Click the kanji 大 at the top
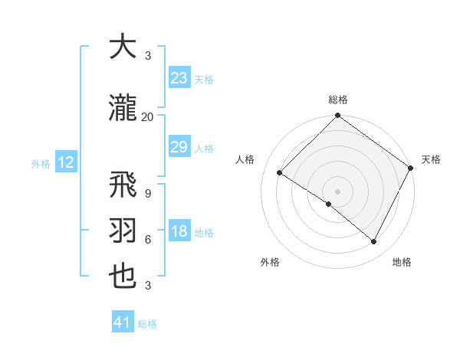122,47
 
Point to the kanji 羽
122,231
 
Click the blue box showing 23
179,78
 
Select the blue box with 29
179,147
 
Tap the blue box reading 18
179,231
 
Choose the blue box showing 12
66,162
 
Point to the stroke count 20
147,116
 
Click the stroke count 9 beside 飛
147,193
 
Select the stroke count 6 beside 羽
147,239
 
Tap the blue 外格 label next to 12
41,163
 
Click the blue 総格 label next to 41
147,323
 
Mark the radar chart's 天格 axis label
431,159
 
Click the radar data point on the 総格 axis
337,116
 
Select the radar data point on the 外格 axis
329,205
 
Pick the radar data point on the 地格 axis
374,242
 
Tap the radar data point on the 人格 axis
280,173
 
